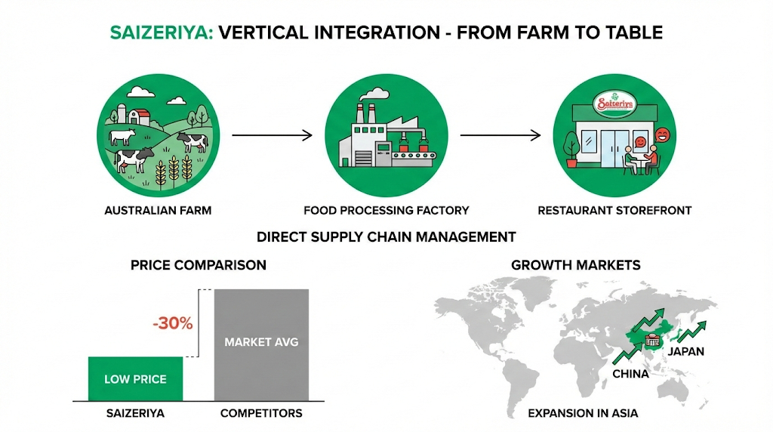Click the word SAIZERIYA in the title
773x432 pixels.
click(159, 33)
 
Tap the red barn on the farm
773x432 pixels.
click(138, 117)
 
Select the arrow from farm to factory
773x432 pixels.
click(272, 136)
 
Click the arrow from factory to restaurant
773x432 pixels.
click(500, 136)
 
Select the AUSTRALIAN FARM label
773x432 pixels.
click(158, 211)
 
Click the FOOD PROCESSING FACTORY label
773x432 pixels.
click(386, 211)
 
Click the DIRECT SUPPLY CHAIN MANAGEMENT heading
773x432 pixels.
click(386, 237)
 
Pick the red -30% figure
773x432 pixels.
click(172, 324)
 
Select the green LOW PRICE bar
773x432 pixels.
click(135, 378)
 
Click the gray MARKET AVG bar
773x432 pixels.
click(261, 344)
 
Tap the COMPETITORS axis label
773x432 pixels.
click(261, 413)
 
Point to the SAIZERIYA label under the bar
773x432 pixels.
click(135, 413)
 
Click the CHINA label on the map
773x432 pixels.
click(630, 374)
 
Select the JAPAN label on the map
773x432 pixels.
click(685, 351)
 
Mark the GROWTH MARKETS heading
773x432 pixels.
click(576, 265)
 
